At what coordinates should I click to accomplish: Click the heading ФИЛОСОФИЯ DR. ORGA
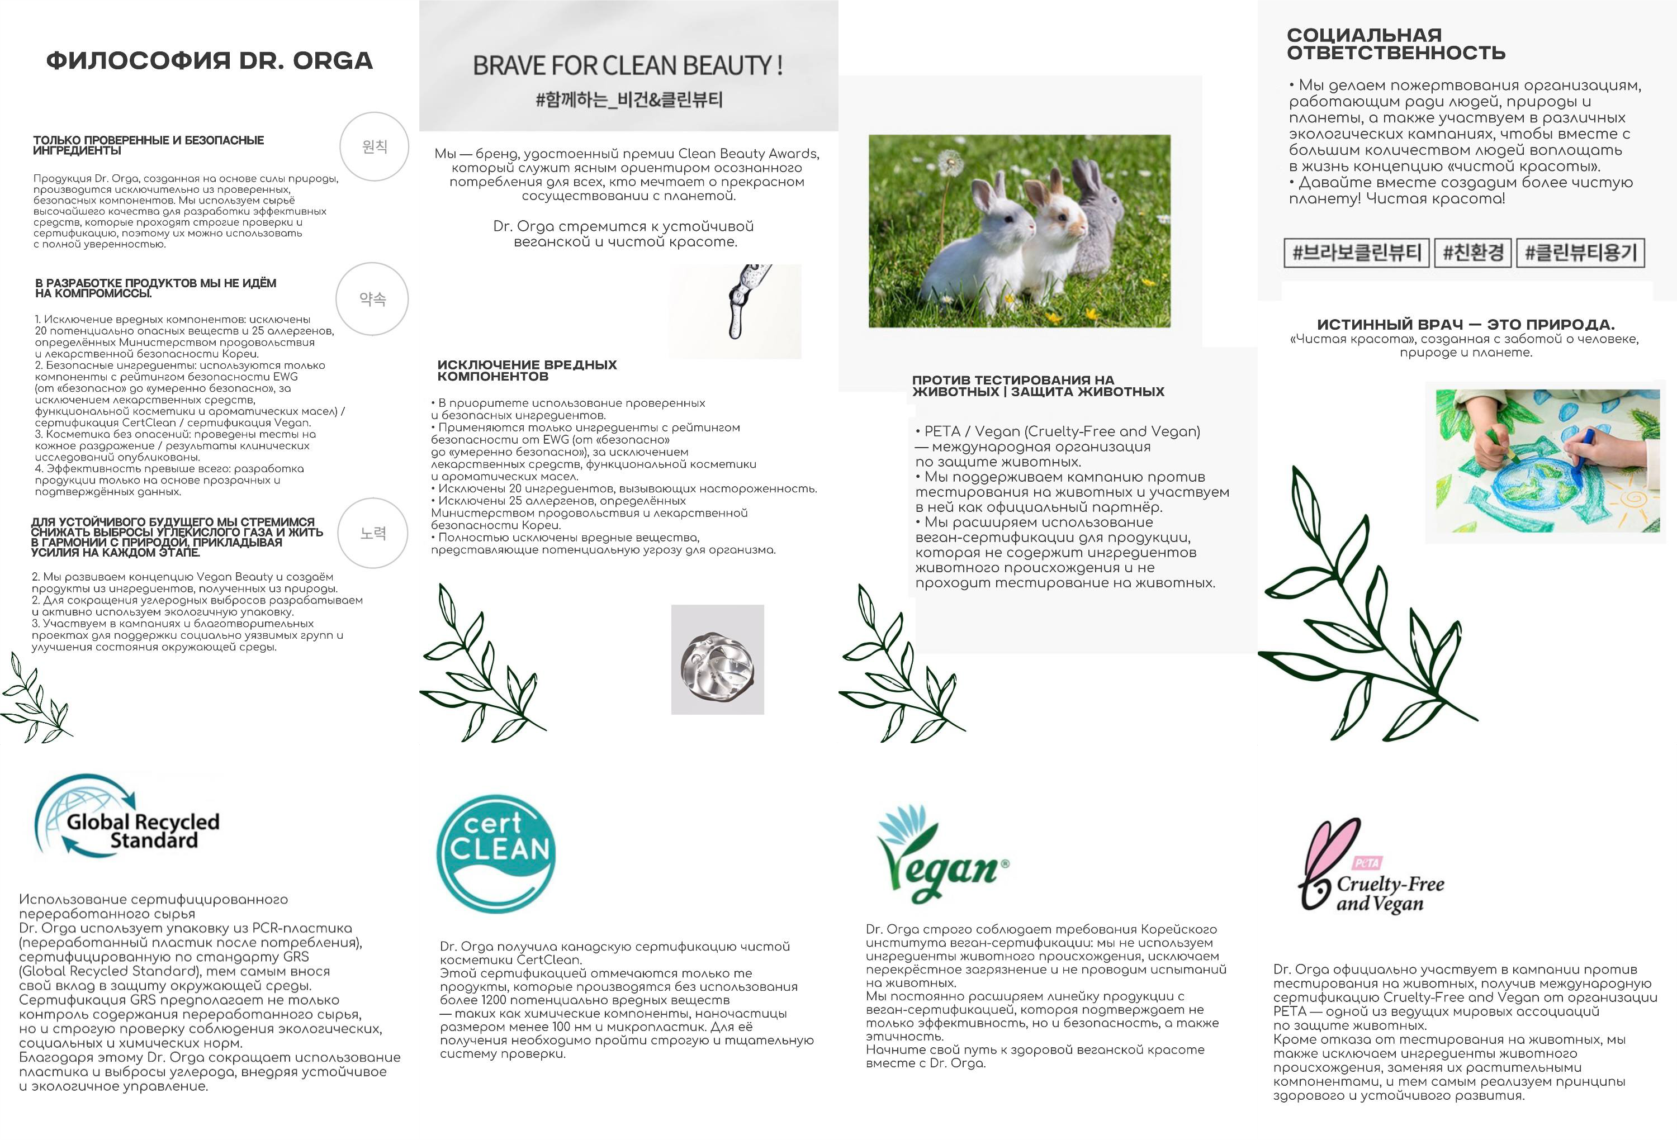click(x=209, y=60)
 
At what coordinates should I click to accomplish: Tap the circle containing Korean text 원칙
click(x=375, y=146)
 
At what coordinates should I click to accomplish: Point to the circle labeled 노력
click(x=373, y=533)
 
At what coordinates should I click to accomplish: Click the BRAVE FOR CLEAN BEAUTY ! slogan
click(x=627, y=65)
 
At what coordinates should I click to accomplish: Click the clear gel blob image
click(x=717, y=660)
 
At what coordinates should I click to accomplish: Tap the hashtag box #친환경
click(x=1473, y=253)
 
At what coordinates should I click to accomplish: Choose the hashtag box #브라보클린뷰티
click(x=1357, y=253)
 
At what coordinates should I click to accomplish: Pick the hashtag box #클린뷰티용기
click(x=1580, y=253)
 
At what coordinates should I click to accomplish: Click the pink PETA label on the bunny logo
click(x=1367, y=863)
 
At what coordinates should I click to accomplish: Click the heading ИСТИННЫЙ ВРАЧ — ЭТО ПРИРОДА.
click(x=1466, y=325)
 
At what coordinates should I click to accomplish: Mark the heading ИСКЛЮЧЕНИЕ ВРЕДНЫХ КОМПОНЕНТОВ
click(x=527, y=370)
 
